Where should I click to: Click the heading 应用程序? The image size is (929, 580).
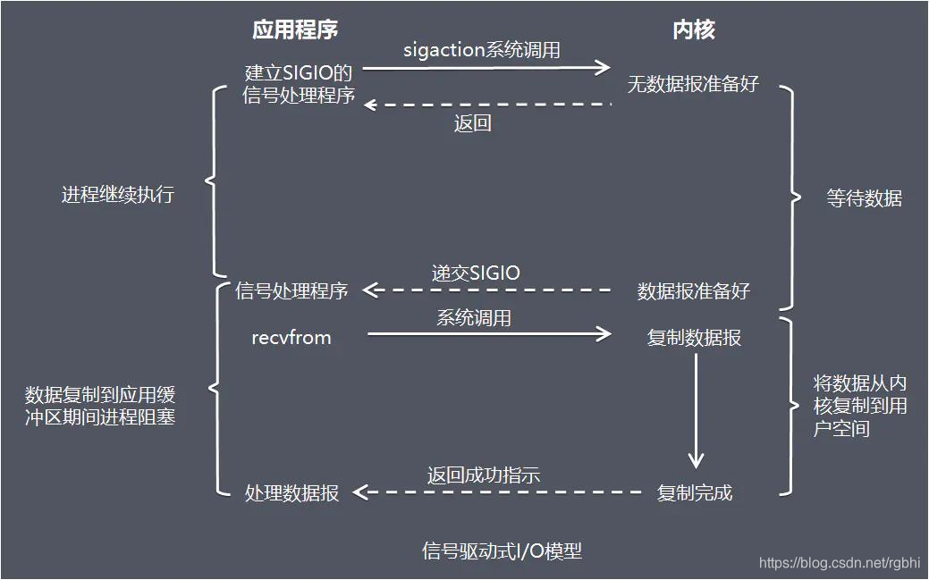[295, 29]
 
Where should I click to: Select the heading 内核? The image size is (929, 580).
[693, 29]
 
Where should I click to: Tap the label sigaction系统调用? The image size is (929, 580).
[482, 50]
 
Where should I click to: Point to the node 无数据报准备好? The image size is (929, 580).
[693, 84]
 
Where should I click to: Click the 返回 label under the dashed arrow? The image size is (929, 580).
[472, 123]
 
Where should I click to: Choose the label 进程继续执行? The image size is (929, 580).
[118, 194]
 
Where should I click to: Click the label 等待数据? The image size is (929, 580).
[864, 198]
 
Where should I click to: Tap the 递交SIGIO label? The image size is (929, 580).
[476, 273]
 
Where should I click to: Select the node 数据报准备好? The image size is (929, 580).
[693, 291]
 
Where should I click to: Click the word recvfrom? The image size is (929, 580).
[291, 338]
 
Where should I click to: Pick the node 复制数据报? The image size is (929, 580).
[694, 338]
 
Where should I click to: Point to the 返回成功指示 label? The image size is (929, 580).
[483, 475]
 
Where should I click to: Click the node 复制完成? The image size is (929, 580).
[694, 492]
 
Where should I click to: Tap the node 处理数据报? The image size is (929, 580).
[291, 493]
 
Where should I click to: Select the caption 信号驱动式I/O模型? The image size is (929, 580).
[502, 551]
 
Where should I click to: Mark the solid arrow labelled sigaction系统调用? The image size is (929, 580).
[487, 67]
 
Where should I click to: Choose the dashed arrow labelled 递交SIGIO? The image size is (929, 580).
[487, 290]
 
